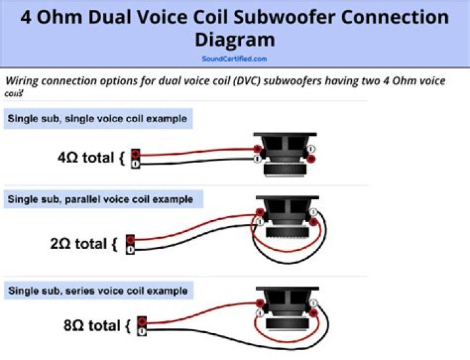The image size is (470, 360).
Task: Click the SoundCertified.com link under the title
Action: click(x=234, y=58)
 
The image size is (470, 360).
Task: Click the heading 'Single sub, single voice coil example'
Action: click(x=97, y=119)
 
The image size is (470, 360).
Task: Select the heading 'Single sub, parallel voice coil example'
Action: click(x=100, y=199)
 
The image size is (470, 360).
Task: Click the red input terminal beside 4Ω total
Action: click(x=136, y=154)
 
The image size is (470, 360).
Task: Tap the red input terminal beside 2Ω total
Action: click(x=131, y=239)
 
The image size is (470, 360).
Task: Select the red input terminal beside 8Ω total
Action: click(x=141, y=320)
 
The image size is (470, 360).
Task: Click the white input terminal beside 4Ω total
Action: click(x=136, y=163)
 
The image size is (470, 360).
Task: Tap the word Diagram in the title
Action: click(x=234, y=41)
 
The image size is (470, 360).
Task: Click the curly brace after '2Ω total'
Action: click(x=114, y=244)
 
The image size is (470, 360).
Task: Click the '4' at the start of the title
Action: click(x=26, y=17)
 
